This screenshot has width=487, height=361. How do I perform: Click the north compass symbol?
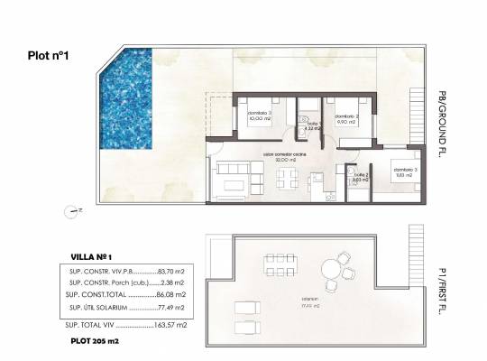(x=72, y=213)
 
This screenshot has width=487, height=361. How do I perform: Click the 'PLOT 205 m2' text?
(x=95, y=342)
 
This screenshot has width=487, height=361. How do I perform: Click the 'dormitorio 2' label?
(x=347, y=116)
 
